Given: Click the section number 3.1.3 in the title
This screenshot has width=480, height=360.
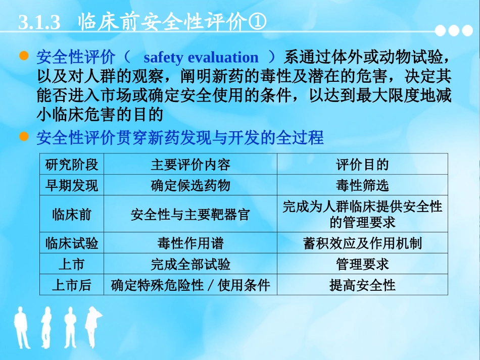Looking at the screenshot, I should [39, 23].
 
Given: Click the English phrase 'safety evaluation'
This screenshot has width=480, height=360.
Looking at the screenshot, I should [201, 58].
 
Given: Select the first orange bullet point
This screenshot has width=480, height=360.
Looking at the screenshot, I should [23, 57].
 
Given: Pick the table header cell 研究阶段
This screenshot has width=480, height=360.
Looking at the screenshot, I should [72, 164].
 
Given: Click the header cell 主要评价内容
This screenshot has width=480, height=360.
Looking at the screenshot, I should [190, 164].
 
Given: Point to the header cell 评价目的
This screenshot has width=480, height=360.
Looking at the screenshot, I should [362, 164].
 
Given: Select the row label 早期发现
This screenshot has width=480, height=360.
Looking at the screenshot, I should [72, 185].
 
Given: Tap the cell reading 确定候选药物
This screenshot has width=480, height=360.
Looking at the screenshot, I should [190, 185].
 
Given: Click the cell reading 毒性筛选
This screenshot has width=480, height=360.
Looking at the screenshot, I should [362, 185].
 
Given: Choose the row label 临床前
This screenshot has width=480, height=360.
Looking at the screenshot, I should [72, 214].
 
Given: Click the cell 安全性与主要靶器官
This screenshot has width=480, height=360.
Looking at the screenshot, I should [190, 215].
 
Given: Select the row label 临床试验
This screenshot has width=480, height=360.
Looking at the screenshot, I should [72, 243].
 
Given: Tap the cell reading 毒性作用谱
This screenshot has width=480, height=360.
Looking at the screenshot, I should [190, 243].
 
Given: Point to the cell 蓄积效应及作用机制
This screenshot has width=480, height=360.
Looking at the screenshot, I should [362, 243].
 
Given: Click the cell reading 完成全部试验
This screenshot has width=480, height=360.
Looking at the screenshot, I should [190, 264].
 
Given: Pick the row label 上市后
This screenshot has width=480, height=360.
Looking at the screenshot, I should [72, 285].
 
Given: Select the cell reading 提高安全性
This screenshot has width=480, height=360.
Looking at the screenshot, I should [362, 285].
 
